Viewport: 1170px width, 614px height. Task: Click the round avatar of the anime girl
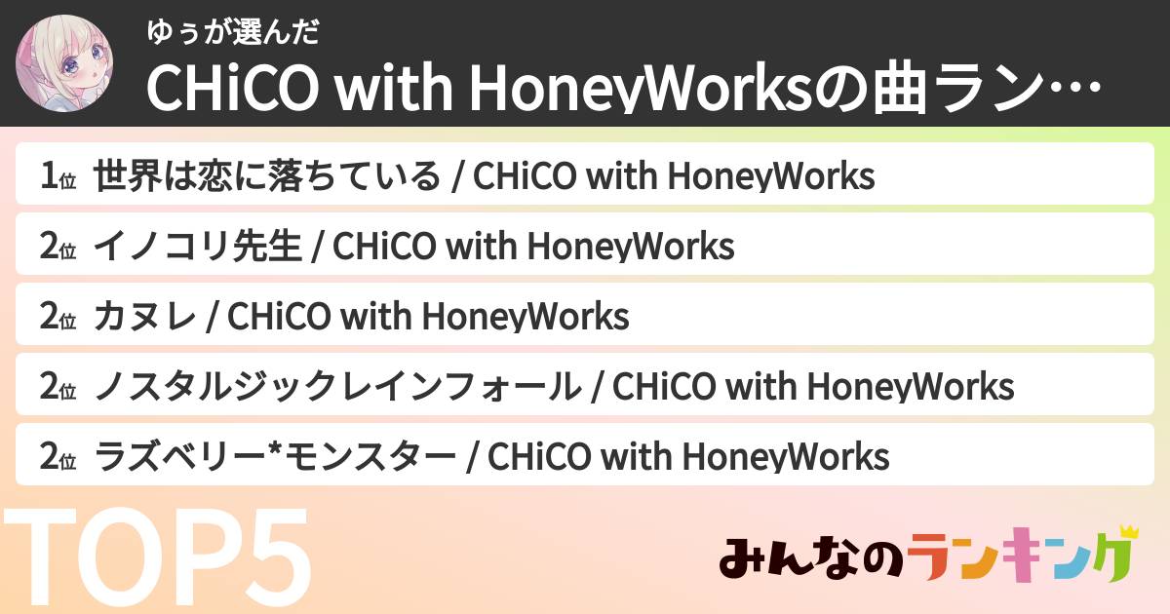click(x=64, y=63)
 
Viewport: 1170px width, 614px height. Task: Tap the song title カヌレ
click(x=145, y=317)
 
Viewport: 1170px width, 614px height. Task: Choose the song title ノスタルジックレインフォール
click(x=336, y=387)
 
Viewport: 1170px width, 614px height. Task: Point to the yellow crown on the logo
click(x=1128, y=532)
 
